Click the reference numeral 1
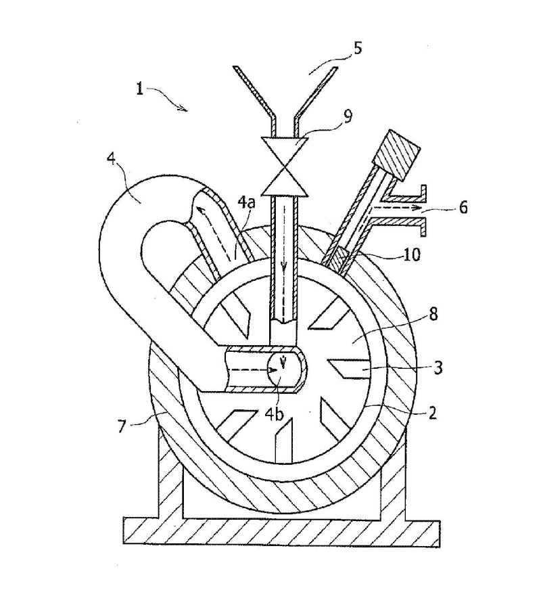pos(139,89)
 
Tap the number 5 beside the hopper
pos(358,49)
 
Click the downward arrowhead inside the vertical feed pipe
pos(285,265)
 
